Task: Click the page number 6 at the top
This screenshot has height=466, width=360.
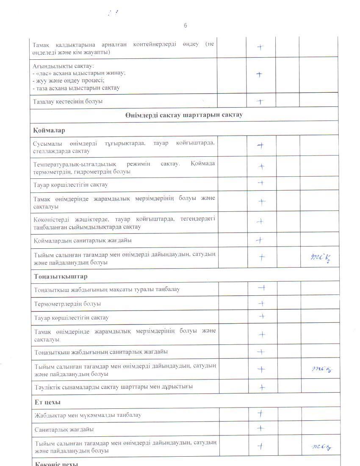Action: [185, 25]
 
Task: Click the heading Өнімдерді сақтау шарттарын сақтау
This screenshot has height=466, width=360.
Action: [184, 115]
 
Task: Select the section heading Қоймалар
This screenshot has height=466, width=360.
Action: [49, 130]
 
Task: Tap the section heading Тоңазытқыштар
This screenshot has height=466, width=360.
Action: [61, 277]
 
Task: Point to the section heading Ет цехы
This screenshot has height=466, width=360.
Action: [47, 402]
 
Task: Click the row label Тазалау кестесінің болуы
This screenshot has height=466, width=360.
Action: [67, 101]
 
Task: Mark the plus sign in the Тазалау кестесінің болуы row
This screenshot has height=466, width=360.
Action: [260, 101]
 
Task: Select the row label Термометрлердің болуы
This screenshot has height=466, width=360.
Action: [68, 304]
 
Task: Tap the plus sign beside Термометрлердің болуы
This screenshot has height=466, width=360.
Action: [262, 303]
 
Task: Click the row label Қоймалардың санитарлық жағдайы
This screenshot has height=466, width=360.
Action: [83, 240]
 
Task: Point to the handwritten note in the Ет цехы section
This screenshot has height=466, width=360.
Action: [321, 447]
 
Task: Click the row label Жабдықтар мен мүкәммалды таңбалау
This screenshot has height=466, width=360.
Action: [88, 415]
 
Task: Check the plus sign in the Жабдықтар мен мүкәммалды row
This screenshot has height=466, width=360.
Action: [261, 414]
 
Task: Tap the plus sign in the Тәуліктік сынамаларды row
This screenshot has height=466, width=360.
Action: [262, 387]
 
